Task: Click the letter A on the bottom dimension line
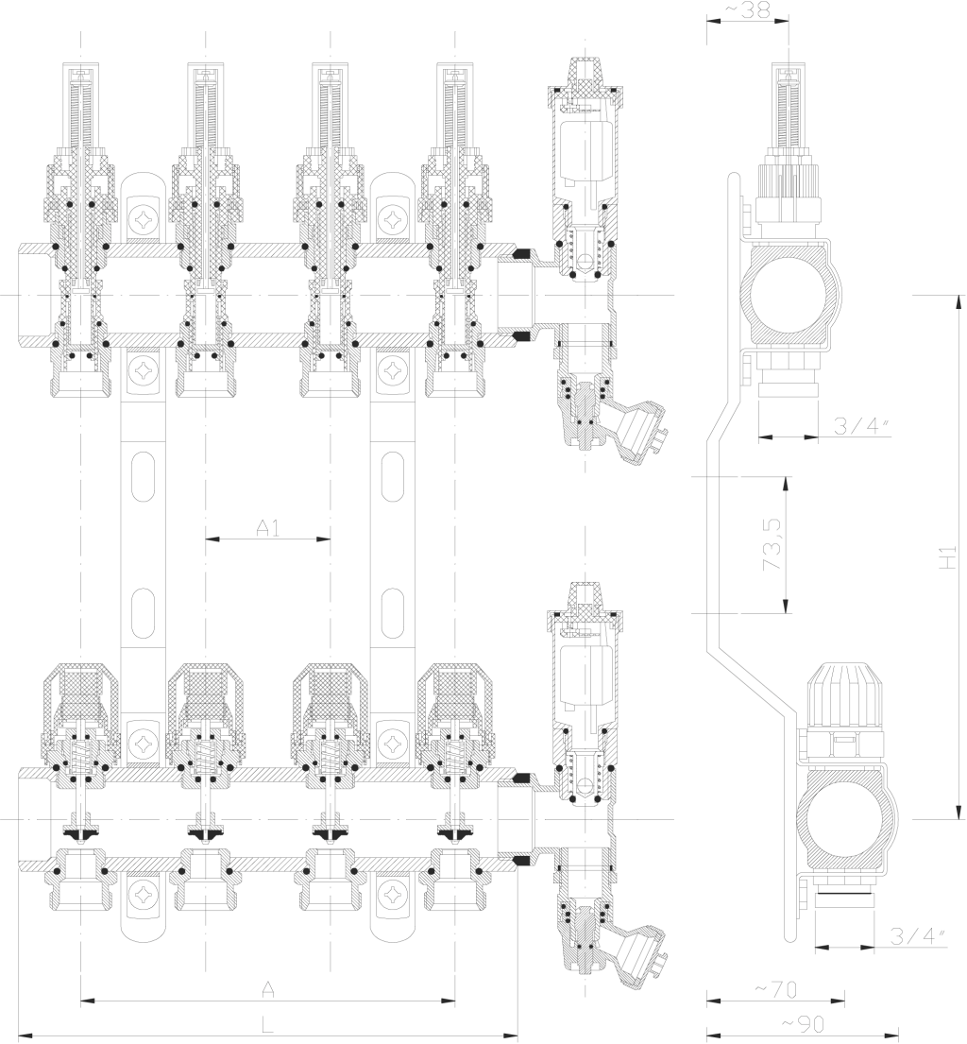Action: pos(267,989)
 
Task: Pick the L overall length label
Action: pos(267,1025)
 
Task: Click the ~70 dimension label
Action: pos(776,990)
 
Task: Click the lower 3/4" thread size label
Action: pos(919,936)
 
